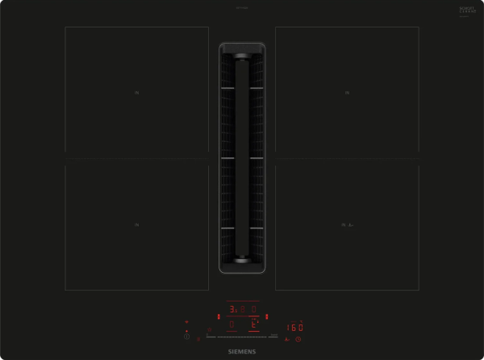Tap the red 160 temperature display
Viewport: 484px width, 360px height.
(x=295, y=327)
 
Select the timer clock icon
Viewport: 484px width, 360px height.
(x=298, y=340)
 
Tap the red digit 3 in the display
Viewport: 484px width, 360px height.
(x=232, y=309)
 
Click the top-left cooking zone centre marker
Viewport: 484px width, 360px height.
(x=136, y=93)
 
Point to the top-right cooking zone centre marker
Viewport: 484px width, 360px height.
(x=347, y=93)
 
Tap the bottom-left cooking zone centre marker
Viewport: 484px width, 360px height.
(x=136, y=224)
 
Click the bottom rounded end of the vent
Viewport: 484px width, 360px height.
(x=242, y=261)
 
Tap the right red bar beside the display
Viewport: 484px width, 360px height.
(x=267, y=316)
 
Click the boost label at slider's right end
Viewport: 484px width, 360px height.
(x=273, y=334)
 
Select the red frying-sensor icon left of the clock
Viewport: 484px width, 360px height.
(x=287, y=340)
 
